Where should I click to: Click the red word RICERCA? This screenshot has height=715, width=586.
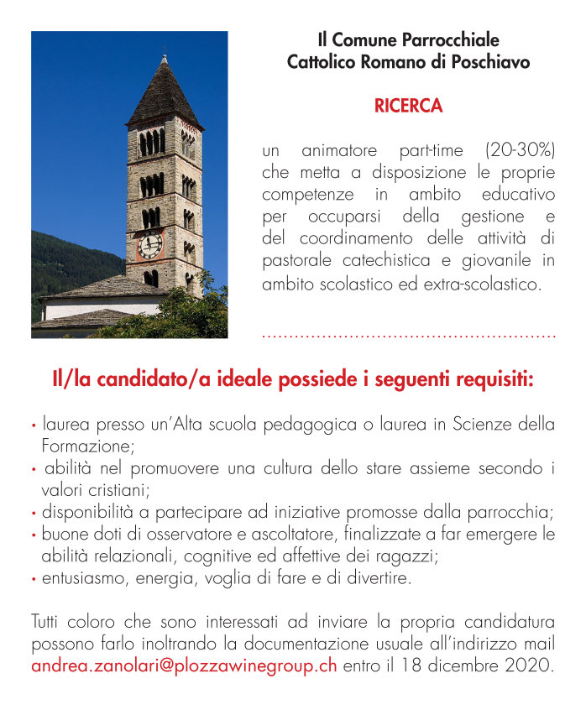[x=408, y=107]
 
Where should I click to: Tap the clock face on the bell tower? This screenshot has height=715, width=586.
[x=150, y=245]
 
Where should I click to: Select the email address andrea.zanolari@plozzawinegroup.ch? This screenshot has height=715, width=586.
[x=184, y=668]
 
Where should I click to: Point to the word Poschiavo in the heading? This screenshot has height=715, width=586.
[x=488, y=62]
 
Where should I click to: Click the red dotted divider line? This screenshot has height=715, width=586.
[x=409, y=336]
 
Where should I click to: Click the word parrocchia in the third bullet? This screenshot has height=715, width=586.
[x=515, y=512]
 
